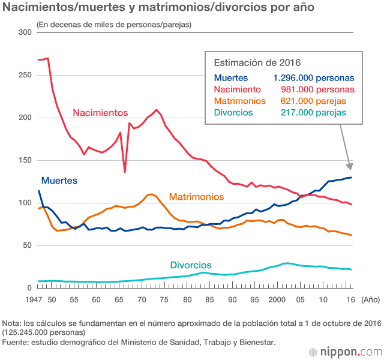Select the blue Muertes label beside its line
(x=59, y=180)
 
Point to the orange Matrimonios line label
(x=196, y=197)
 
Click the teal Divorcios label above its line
(x=191, y=265)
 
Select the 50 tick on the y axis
(x=26, y=245)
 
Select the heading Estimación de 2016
(x=257, y=62)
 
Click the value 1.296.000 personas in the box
(x=313, y=78)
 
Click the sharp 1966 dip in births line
(x=125, y=172)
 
